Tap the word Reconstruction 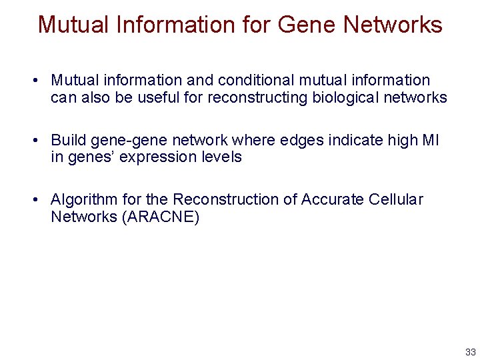pos(233,199)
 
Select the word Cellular pos(397,199)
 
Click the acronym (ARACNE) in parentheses pos(160,217)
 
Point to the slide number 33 pos(471,352)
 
